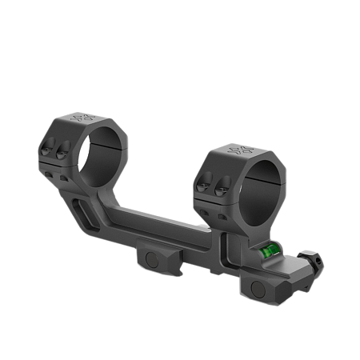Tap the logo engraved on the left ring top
tap(82, 119)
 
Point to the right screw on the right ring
tap(218, 187)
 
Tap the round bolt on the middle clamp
tap(152, 259)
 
